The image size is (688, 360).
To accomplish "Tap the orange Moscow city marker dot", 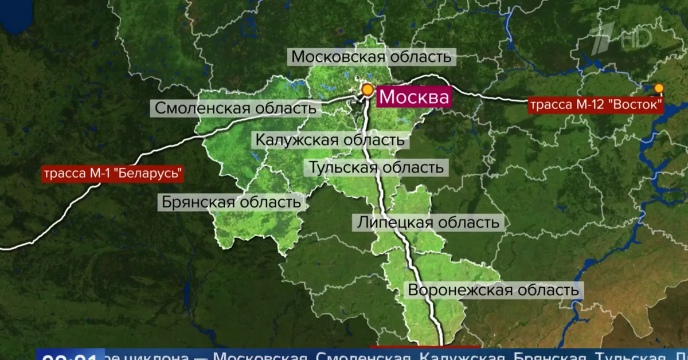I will [x=367, y=89].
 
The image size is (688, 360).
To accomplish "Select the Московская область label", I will [x=372, y=57].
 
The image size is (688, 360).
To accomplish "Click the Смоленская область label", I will [x=235, y=108].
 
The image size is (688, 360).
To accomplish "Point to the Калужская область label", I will [x=330, y=139].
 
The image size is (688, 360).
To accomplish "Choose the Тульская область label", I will [x=376, y=168].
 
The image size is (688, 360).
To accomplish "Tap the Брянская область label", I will [x=231, y=202].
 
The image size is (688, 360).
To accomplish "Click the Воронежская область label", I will [x=493, y=289].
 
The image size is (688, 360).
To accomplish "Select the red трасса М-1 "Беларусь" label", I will [x=112, y=173].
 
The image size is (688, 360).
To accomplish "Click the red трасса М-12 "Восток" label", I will [x=596, y=106].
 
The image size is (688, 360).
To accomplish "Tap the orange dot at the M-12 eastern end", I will [x=659, y=88].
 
